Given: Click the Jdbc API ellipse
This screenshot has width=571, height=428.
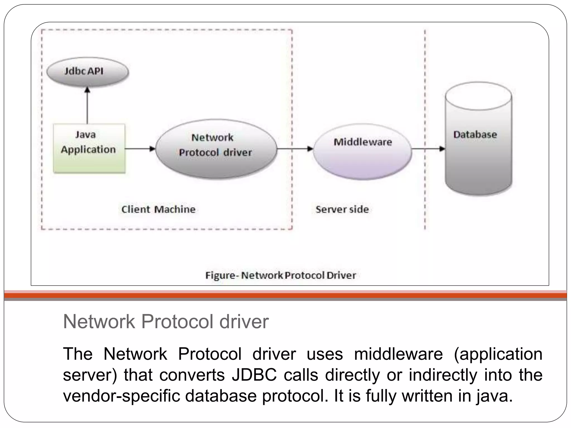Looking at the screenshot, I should (87, 72).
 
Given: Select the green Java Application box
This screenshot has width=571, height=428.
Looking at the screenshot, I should (89, 148).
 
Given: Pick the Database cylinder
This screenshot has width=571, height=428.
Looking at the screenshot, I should (478, 139).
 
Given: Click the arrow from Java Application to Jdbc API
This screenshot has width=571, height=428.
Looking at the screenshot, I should (87, 106).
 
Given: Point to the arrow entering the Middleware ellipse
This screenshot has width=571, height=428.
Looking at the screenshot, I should (296, 149).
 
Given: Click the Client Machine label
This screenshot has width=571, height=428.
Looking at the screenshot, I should (158, 209).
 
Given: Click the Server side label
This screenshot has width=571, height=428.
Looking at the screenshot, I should (342, 209).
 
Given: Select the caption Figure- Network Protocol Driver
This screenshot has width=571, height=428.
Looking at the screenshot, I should (280, 275).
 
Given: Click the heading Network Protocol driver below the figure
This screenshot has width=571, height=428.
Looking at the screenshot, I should (166, 322).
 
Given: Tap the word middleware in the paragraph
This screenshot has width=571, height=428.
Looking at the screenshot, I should (398, 354).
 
